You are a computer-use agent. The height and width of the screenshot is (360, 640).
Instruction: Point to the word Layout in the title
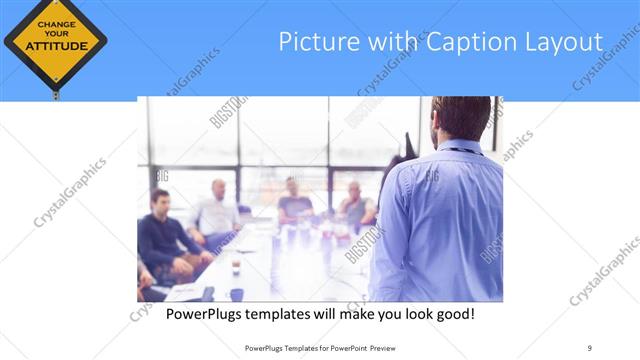tap(566, 42)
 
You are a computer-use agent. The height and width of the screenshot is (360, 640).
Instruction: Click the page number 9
tap(590, 347)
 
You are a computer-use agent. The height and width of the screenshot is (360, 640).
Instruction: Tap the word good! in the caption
tap(452, 314)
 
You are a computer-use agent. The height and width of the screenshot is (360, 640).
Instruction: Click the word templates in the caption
tap(280, 314)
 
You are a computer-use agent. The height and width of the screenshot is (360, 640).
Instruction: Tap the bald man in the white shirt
tap(219, 210)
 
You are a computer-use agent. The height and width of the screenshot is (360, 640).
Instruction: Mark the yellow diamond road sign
tap(54, 42)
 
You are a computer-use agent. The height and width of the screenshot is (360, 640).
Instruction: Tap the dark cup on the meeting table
tap(236, 267)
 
